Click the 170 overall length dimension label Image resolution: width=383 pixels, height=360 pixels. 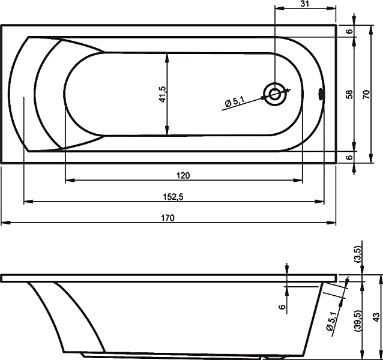pyautogui.click(x=168, y=217)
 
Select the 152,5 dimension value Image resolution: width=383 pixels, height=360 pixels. pyautogui.click(x=173, y=197)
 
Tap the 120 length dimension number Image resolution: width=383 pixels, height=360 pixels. pyautogui.click(x=183, y=175)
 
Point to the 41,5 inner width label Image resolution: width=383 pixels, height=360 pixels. pyautogui.click(x=163, y=94)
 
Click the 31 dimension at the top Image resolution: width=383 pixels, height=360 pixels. pyautogui.click(x=304, y=4)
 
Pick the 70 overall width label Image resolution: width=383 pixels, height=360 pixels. pyautogui.click(x=366, y=94)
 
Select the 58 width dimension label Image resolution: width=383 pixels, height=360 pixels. pyautogui.click(x=350, y=94)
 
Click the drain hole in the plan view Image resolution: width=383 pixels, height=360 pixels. pyautogui.click(x=275, y=94)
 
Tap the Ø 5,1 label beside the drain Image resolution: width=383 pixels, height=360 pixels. pyautogui.click(x=234, y=101)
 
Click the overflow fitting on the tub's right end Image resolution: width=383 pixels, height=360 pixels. pyautogui.click(x=321, y=94)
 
